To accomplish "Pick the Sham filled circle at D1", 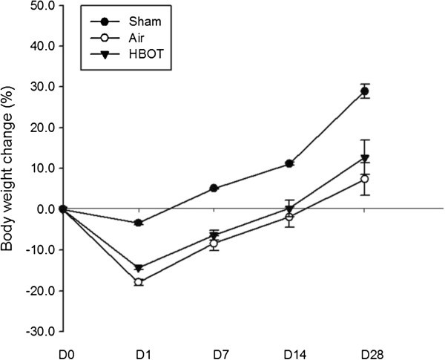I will (139, 223).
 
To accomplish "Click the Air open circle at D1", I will (139, 282).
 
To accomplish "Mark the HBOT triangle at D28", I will (365, 157).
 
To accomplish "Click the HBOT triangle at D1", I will (139, 268).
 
